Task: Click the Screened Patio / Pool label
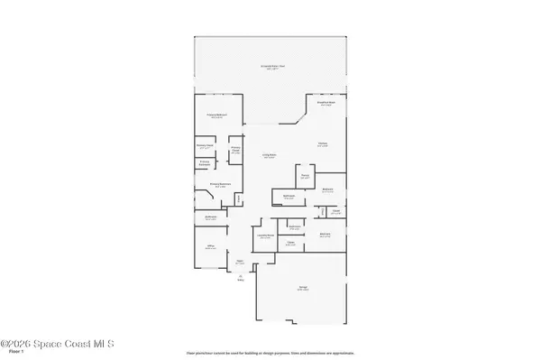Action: (270, 67)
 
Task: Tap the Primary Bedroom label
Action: (215, 116)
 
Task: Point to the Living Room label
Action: (269, 156)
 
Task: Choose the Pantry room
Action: (306, 177)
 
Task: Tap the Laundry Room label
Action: (266, 236)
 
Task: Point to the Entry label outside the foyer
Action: (241, 279)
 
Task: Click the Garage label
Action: (304, 289)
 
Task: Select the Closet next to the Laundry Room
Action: (291, 244)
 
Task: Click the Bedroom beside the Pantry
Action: (328, 189)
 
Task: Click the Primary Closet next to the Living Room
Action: (235, 151)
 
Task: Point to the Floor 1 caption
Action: (10, 353)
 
